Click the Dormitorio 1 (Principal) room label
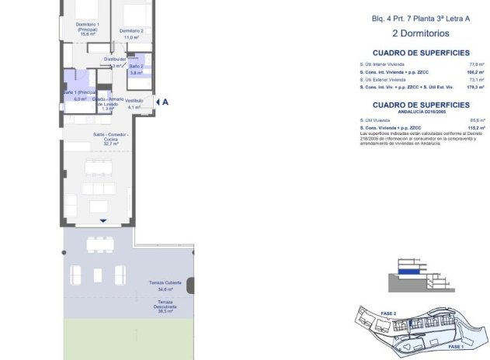tap(86, 29)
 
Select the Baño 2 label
tap(136, 70)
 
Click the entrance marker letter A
tap(165, 102)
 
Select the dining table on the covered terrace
tap(99, 245)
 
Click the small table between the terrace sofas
tap(98, 275)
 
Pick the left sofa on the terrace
tap(76, 274)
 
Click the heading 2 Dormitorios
tap(420, 33)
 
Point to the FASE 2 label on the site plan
tap(388, 313)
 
